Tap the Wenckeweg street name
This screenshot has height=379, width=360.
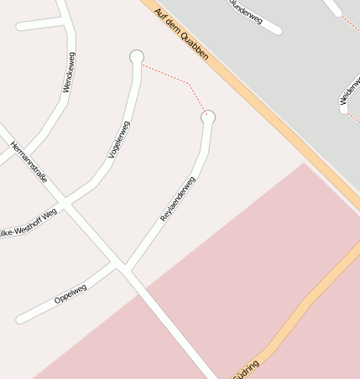click(69, 72)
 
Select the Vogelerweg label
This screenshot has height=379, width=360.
click(119, 139)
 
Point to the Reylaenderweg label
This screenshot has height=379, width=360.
click(177, 199)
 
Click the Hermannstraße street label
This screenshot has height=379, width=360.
click(29, 163)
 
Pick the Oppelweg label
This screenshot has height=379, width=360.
click(70, 293)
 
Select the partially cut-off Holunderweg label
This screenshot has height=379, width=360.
click(248, 10)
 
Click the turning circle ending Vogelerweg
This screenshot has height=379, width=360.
click(137, 56)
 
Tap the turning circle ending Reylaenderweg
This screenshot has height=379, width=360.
click(208, 117)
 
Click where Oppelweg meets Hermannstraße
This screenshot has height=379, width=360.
click(123, 267)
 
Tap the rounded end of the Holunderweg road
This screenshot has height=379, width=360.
click(277, 30)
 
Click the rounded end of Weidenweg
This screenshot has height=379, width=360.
click(344, 108)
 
